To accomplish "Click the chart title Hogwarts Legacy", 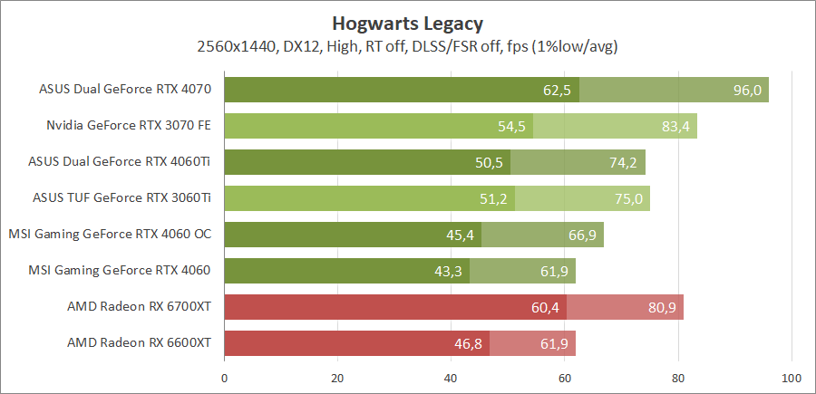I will [408, 23].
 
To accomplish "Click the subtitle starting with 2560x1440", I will [408, 45].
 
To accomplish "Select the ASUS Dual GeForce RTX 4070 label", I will [125, 90].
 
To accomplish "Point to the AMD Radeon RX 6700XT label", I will [139, 307].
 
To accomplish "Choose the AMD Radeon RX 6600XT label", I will [139, 343].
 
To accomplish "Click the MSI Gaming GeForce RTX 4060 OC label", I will [110, 235].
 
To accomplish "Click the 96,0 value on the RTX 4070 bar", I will [747, 91].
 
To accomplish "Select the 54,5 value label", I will [512, 127].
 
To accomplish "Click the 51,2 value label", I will [493, 199].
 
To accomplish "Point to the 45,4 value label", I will [461, 235].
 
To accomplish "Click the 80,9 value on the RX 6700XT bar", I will [662, 308].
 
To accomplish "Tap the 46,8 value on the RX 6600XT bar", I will [469, 344].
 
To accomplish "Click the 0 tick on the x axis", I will [224, 377].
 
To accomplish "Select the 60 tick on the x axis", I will [565, 377].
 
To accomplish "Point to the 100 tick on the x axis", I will [792, 377].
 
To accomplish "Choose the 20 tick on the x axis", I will [337, 377].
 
